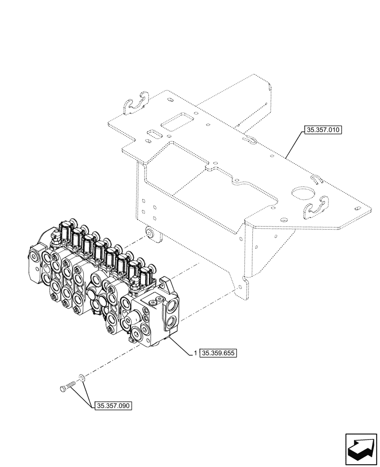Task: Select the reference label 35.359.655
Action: (219, 354)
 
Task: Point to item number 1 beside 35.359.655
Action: (195, 354)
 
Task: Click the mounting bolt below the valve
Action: (67, 386)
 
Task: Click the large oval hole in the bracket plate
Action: (300, 193)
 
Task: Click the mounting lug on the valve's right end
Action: (165, 283)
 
